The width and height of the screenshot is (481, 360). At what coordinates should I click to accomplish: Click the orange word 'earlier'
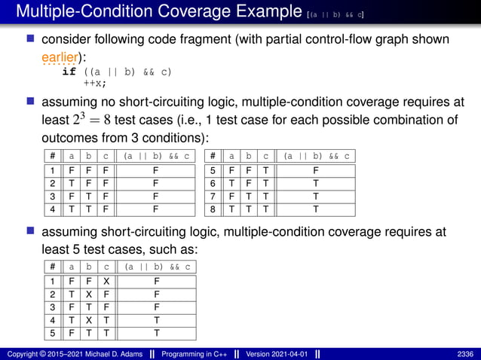[x=58, y=55]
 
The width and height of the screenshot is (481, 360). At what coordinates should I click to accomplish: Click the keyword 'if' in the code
[x=69, y=72]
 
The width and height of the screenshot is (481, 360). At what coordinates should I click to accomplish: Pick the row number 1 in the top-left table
[x=52, y=171]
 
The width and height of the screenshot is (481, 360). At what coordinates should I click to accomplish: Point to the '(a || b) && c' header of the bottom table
[x=157, y=267]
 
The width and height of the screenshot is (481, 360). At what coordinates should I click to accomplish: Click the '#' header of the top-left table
[x=52, y=156]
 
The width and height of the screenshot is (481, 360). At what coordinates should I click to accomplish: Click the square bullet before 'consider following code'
[x=31, y=39]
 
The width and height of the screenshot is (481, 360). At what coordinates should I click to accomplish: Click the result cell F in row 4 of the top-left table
[x=155, y=209]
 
